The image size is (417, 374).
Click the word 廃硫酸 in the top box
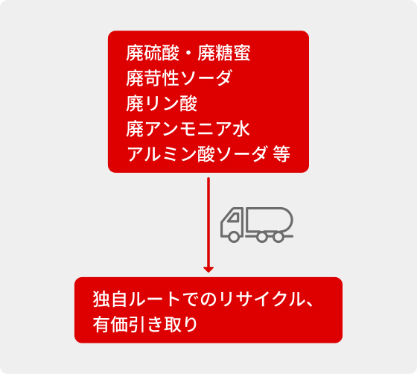pyautogui.click(x=153, y=53)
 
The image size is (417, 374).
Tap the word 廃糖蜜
pyautogui.click(x=224, y=53)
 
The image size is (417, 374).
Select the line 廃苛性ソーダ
pyautogui.click(x=179, y=78)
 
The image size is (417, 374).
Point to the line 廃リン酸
pyautogui.click(x=162, y=104)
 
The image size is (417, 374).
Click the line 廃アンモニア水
pyautogui.click(x=188, y=129)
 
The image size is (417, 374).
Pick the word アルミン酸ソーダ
pyautogui.click(x=197, y=153)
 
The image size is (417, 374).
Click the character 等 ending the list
pyautogui.click(x=281, y=153)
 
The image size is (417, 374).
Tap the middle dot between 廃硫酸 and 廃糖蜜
pyautogui.click(x=188, y=53)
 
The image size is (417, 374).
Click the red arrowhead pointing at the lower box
pyautogui.click(x=208, y=270)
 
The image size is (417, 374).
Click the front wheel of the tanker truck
pyautogui.click(x=234, y=236)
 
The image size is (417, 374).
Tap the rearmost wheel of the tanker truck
pyautogui.click(x=278, y=236)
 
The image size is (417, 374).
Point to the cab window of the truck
pyautogui.click(x=234, y=218)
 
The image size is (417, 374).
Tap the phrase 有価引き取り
pyautogui.click(x=145, y=324)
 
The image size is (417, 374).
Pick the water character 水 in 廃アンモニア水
pyautogui.click(x=242, y=129)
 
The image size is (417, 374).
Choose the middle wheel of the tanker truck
pyautogui.click(x=262, y=236)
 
